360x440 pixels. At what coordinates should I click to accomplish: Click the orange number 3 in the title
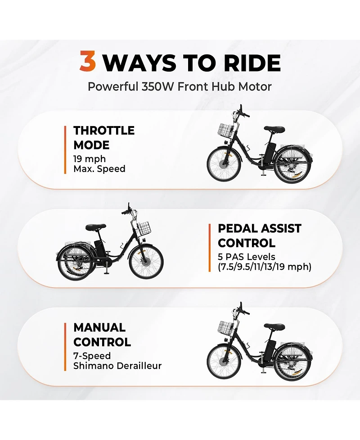click(88, 61)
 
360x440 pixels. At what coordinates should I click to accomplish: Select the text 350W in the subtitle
click(158, 87)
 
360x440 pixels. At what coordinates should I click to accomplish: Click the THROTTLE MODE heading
click(104, 138)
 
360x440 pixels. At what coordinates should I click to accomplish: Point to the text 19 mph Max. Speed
click(99, 164)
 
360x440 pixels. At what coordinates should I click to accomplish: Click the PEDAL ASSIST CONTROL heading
click(260, 236)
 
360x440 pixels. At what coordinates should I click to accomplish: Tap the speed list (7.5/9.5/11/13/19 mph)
click(265, 267)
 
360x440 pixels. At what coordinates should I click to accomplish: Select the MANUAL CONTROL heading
click(102, 335)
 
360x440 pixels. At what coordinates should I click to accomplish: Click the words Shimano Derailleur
click(117, 366)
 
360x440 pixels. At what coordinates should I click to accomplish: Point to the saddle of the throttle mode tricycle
click(274, 129)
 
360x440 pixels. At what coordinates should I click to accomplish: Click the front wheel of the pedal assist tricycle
click(146, 262)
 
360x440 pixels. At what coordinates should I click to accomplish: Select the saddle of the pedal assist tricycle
click(96, 227)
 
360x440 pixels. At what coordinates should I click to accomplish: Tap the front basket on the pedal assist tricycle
click(144, 229)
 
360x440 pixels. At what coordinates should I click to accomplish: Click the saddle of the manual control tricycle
click(274, 327)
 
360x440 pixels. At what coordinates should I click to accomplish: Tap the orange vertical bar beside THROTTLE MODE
click(65, 150)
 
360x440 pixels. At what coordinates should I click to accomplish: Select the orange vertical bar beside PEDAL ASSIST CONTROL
click(209, 248)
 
